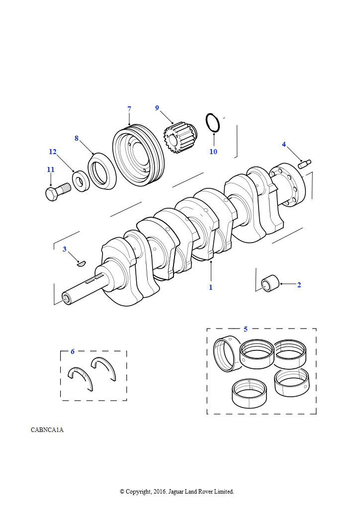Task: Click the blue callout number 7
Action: (x=129, y=109)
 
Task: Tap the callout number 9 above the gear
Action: (x=157, y=108)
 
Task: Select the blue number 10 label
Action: (x=213, y=152)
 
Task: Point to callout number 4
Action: (x=284, y=144)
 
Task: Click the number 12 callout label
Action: (x=53, y=152)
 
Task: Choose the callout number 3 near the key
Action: (x=65, y=249)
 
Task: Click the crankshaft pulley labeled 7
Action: (x=139, y=155)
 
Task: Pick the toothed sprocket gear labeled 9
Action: (x=179, y=138)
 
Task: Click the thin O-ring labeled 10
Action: (x=213, y=123)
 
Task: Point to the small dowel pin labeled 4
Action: (x=304, y=164)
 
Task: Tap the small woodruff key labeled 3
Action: (x=81, y=263)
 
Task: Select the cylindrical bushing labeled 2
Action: (x=270, y=283)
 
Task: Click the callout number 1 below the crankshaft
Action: (x=211, y=287)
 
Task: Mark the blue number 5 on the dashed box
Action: (x=246, y=329)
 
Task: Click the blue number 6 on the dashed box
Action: (x=73, y=351)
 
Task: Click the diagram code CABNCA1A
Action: (x=47, y=430)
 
